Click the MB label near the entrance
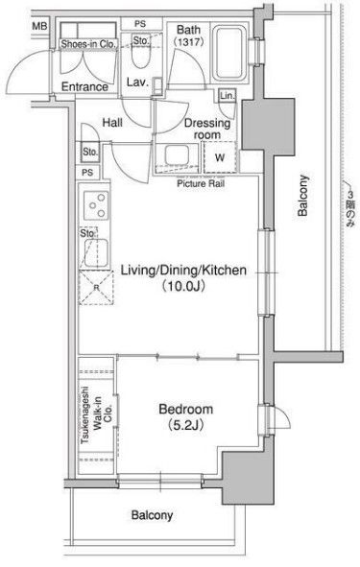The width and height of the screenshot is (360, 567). click(x=39, y=27)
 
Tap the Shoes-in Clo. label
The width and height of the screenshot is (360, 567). click(x=88, y=44)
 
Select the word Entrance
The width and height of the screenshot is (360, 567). click(x=84, y=86)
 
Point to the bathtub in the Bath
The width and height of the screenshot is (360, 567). click(x=228, y=54)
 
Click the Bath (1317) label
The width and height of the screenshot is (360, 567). click(x=188, y=35)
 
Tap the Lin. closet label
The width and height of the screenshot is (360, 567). click(x=228, y=96)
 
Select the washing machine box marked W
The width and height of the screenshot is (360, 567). click(x=220, y=157)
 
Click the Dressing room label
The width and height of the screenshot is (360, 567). click(x=207, y=129)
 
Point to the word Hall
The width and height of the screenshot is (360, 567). click(x=112, y=123)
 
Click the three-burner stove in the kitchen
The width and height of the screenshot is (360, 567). click(x=96, y=205)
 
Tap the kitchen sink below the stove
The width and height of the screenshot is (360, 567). click(x=96, y=252)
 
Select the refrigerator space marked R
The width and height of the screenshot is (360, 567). click(x=96, y=288)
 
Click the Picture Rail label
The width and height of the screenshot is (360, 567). click(x=201, y=183)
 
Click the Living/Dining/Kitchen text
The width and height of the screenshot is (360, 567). click(x=183, y=271)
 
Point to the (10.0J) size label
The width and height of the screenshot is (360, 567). click(x=183, y=287)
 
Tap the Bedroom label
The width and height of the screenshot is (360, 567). click(x=186, y=410)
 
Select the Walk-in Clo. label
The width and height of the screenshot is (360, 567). click(x=103, y=413)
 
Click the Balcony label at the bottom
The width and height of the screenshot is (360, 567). click(x=152, y=515)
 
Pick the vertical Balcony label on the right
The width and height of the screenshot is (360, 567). click(x=302, y=196)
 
